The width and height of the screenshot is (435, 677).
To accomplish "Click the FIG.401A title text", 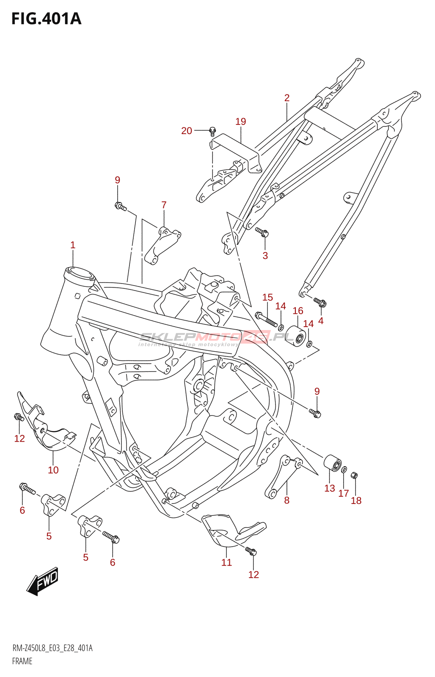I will click(46, 19).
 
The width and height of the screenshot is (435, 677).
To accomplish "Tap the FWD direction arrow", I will click(43, 581).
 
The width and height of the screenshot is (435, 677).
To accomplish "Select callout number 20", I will click(187, 131).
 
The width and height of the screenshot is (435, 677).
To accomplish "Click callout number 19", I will click(241, 122).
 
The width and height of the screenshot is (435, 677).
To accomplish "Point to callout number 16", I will click(298, 311).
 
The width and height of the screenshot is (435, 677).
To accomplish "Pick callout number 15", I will click(267, 297).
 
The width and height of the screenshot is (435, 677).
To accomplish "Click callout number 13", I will click(330, 488).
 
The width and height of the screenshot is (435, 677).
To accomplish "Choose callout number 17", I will click(344, 493).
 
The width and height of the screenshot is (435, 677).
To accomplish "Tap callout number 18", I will click(356, 501).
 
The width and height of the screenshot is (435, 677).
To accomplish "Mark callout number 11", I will click(227, 562).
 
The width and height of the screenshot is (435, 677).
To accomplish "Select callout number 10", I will click(53, 470).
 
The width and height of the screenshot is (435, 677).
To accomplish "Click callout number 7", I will click(164, 205).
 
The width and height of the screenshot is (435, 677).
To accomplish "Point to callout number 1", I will click(73, 245).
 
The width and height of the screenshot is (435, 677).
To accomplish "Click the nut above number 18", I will click(355, 475).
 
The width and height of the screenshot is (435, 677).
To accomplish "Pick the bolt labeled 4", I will click(320, 303).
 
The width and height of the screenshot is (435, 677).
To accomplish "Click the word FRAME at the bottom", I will click(22, 661).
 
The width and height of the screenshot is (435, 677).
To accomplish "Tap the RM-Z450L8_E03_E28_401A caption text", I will click(52, 648).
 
